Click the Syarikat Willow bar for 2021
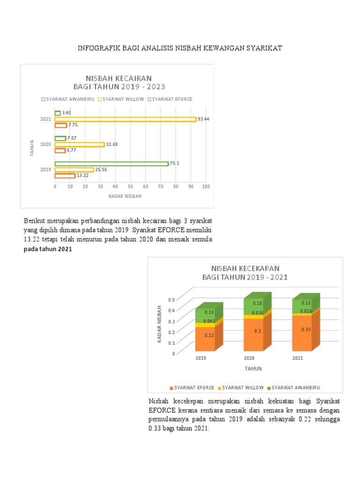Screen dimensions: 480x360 [x=125, y=119]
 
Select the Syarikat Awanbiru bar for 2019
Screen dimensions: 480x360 [x=111, y=164]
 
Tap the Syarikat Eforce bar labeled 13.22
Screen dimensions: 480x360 [x=65, y=176]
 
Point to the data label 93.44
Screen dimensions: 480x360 [x=203, y=119]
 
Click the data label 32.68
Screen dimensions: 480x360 [x=112, y=144]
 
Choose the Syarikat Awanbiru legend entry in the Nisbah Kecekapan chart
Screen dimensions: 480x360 [x=293, y=388]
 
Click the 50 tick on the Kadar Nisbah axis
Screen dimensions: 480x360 [x=130, y=187]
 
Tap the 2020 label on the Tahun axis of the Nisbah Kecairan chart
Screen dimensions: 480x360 [x=45, y=144]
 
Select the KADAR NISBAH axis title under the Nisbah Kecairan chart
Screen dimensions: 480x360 [x=125, y=196]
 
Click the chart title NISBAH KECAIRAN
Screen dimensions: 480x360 [x=118, y=78]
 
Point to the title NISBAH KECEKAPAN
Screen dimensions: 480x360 [x=245, y=268]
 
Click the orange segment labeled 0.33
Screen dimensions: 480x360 [x=306, y=330]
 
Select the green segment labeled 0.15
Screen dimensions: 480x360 [x=257, y=304]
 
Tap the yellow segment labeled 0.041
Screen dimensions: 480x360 [x=209, y=322]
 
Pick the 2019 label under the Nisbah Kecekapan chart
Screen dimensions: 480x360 [x=201, y=358]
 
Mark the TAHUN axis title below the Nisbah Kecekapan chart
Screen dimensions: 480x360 [x=253, y=368]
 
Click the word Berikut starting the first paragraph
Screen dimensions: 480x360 [x=34, y=220]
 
